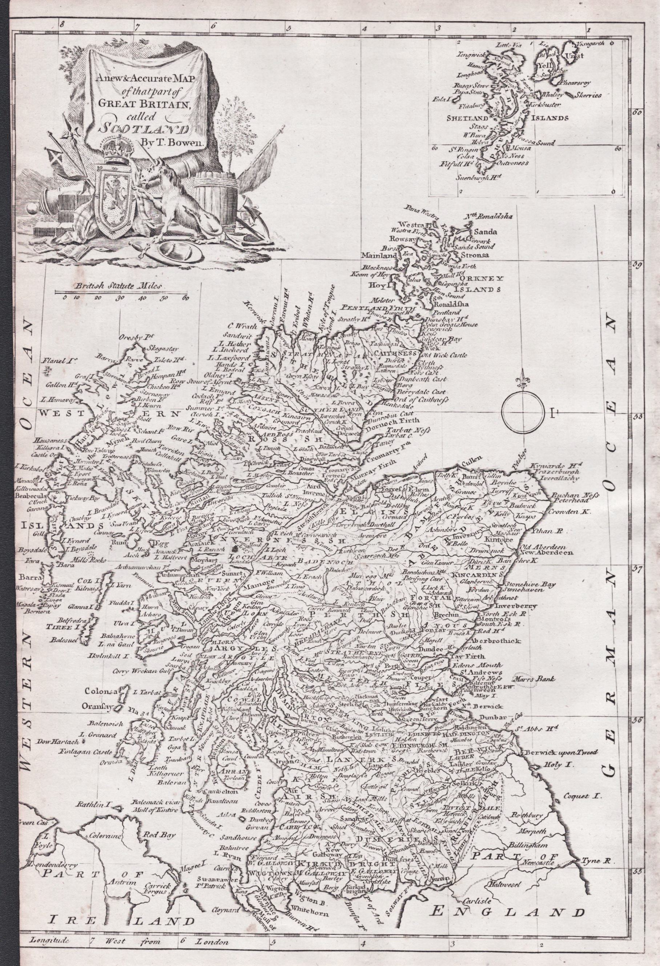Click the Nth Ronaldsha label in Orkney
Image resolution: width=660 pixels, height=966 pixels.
pyautogui.click(x=490, y=217)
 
